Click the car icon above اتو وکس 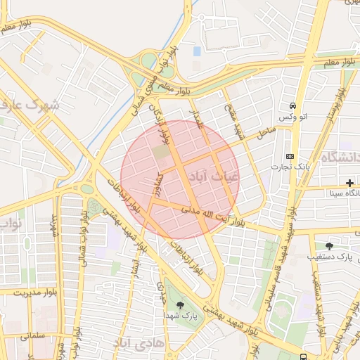coord(291,105)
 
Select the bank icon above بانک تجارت coord(290,156)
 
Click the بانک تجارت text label coord(291,167)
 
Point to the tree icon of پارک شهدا coord(182,305)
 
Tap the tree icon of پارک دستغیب coord(329,246)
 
